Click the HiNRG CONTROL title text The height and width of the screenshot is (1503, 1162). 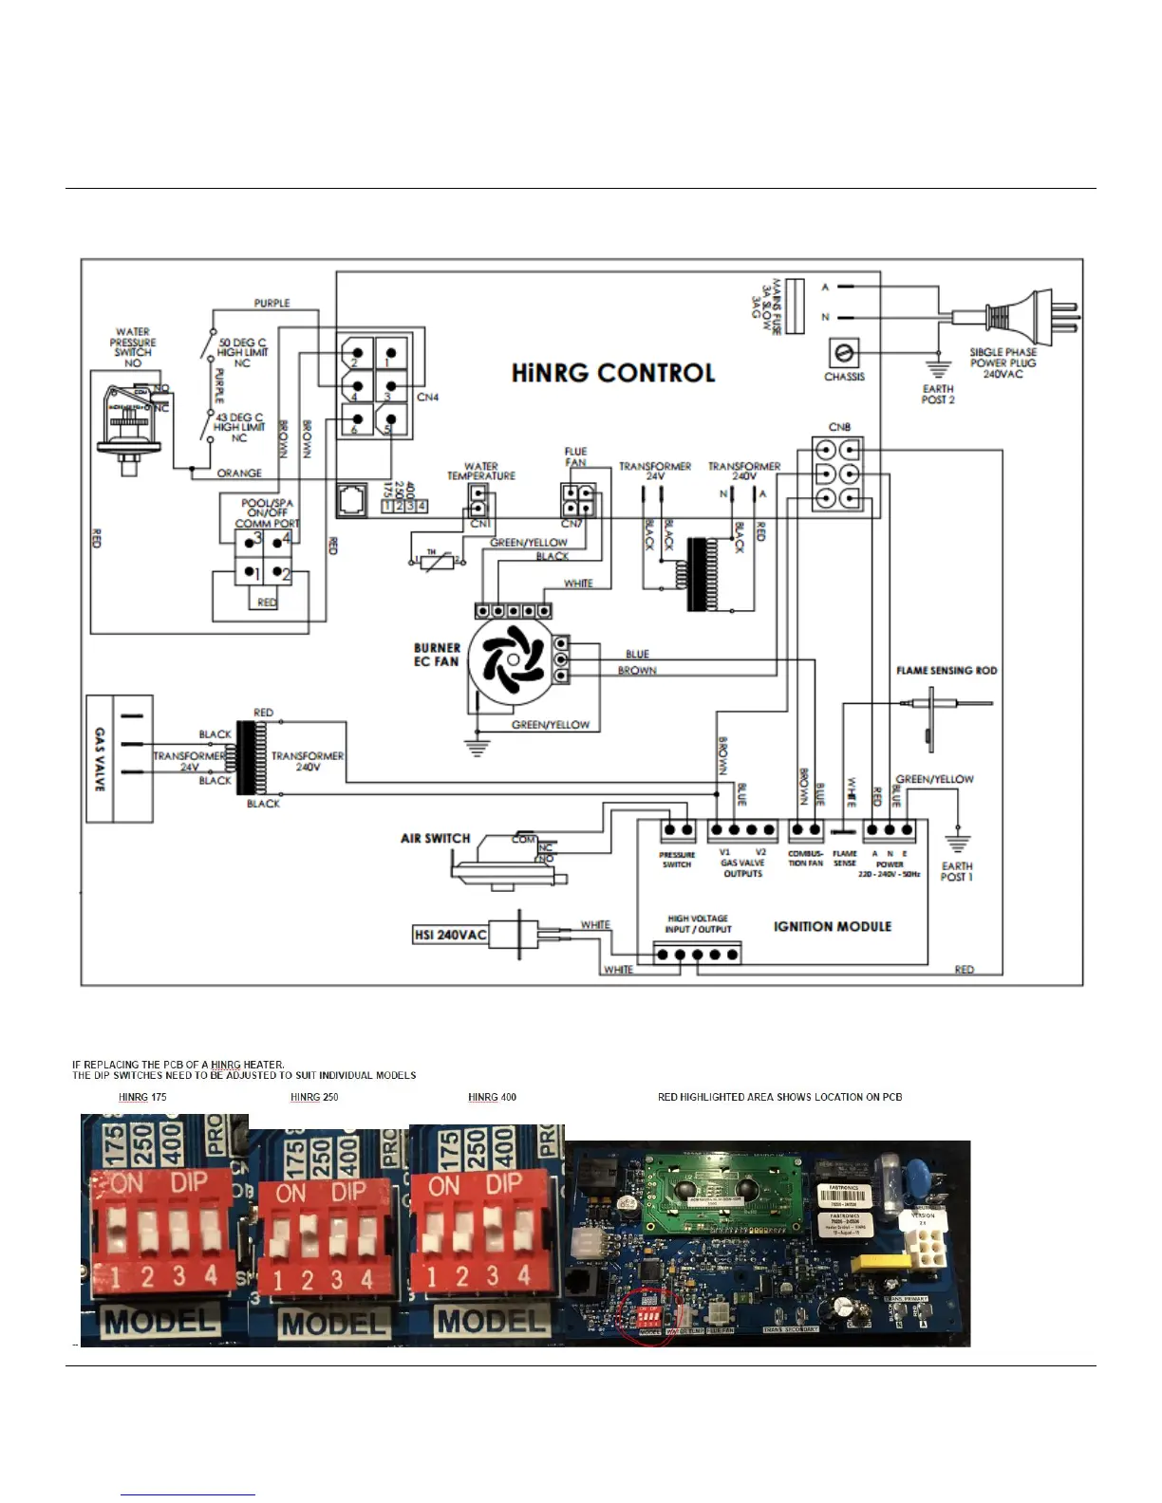click(613, 373)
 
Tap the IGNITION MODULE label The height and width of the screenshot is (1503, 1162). click(832, 926)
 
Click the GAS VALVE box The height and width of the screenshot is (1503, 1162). click(120, 758)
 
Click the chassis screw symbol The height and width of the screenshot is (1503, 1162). click(843, 354)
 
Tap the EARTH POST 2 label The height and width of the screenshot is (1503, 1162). click(938, 394)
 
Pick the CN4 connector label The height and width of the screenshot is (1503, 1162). click(427, 397)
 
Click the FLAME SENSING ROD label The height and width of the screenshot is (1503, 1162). click(946, 670)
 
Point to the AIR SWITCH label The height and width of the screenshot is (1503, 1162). click(435, 838)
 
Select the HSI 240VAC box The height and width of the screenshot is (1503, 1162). click(450, 935)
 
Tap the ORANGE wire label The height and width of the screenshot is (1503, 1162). click(239, 473)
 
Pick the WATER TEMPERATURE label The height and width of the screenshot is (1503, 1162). click(481, 471)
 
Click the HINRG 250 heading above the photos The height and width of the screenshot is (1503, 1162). click(314, 1097)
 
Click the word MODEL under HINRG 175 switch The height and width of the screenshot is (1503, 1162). click(160, 1321)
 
